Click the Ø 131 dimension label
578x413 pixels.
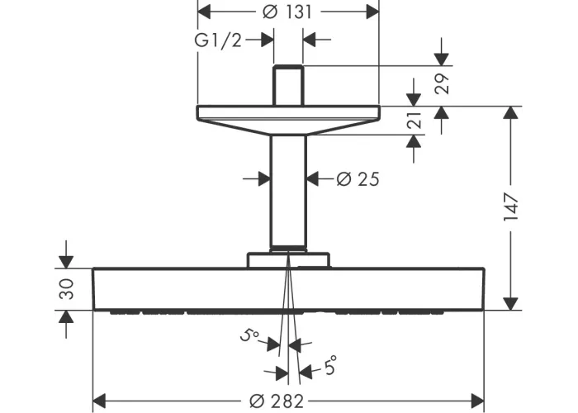[287, 12]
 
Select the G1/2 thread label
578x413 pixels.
[218, 40]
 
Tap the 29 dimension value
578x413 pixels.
[442, 84]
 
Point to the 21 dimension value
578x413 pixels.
[414, 121]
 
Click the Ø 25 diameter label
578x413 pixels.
[358, 179]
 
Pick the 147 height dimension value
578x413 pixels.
[511, 206]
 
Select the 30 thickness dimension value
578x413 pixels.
[66, 289]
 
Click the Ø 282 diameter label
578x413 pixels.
[277, 401]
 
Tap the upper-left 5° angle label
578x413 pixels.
[249, 335]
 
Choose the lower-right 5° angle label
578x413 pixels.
[330, 366]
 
